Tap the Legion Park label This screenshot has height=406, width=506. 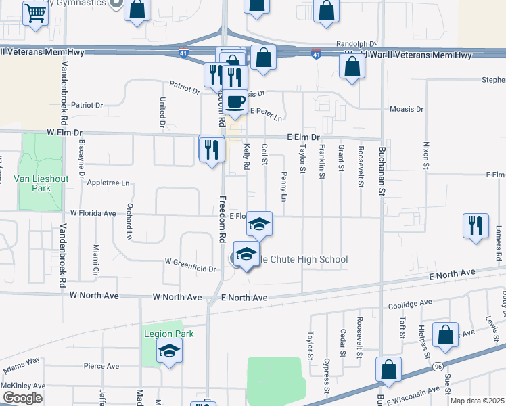[168, 334]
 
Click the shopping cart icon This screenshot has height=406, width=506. [34, 13]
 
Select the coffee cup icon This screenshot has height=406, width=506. [235, 101]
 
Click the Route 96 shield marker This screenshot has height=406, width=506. [439, 366]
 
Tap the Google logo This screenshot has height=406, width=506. [22, 398]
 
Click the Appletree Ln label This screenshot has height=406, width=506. [108, 183]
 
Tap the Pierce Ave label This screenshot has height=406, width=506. [101, 366]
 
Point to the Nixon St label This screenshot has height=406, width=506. [425, 155]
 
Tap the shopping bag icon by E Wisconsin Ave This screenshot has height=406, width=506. [388, 369]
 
